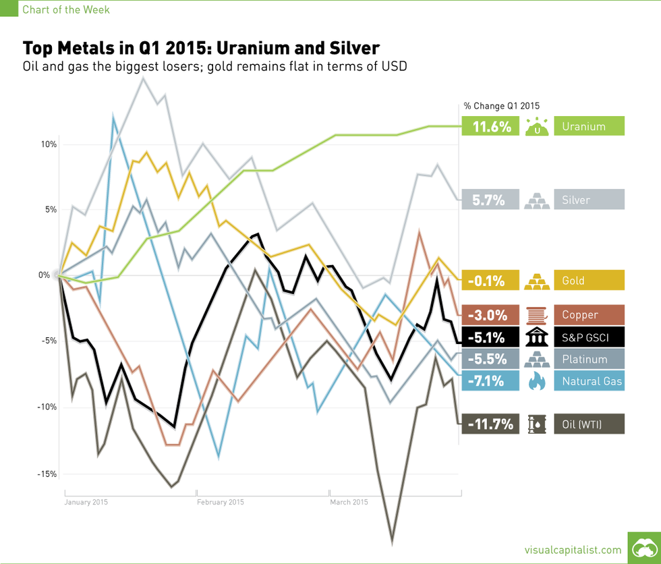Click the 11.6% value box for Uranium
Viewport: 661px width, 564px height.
[x=490, y=126]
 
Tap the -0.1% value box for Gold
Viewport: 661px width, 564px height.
[x=490, y=280]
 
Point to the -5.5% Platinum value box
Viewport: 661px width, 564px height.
[x=490, y=359]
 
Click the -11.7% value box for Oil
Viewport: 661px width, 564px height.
[x=490, y=424]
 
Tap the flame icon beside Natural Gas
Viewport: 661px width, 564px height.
[x=537, y=381]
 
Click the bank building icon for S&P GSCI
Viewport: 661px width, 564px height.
[x=537, y=337]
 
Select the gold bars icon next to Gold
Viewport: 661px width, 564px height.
[x=537, y=280]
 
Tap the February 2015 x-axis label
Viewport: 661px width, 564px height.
[x=221, y=502]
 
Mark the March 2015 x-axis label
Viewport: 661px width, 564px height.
[x=349, y=502]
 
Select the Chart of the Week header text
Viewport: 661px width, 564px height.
[x=66, y=9]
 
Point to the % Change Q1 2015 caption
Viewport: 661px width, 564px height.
[x=501, y=105]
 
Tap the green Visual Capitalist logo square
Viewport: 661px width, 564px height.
[x=643, y=547]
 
